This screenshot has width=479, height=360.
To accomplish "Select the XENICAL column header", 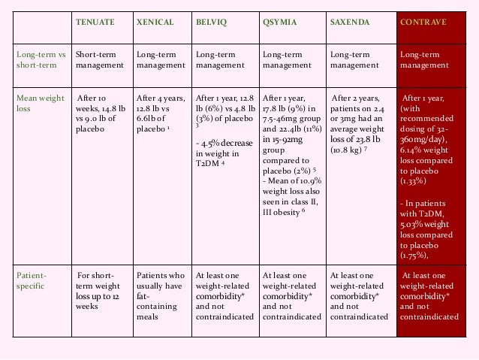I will point(155,23).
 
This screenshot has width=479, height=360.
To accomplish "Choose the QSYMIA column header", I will point(279,23).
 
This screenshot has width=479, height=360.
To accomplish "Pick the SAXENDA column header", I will point(350,23).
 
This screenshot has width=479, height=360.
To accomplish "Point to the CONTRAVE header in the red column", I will point(423,23).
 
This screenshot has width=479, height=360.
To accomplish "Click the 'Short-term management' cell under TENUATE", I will point(100,59).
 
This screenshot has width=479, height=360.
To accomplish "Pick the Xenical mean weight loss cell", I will point(160,113).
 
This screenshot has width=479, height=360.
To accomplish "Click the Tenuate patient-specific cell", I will point(101,291).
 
